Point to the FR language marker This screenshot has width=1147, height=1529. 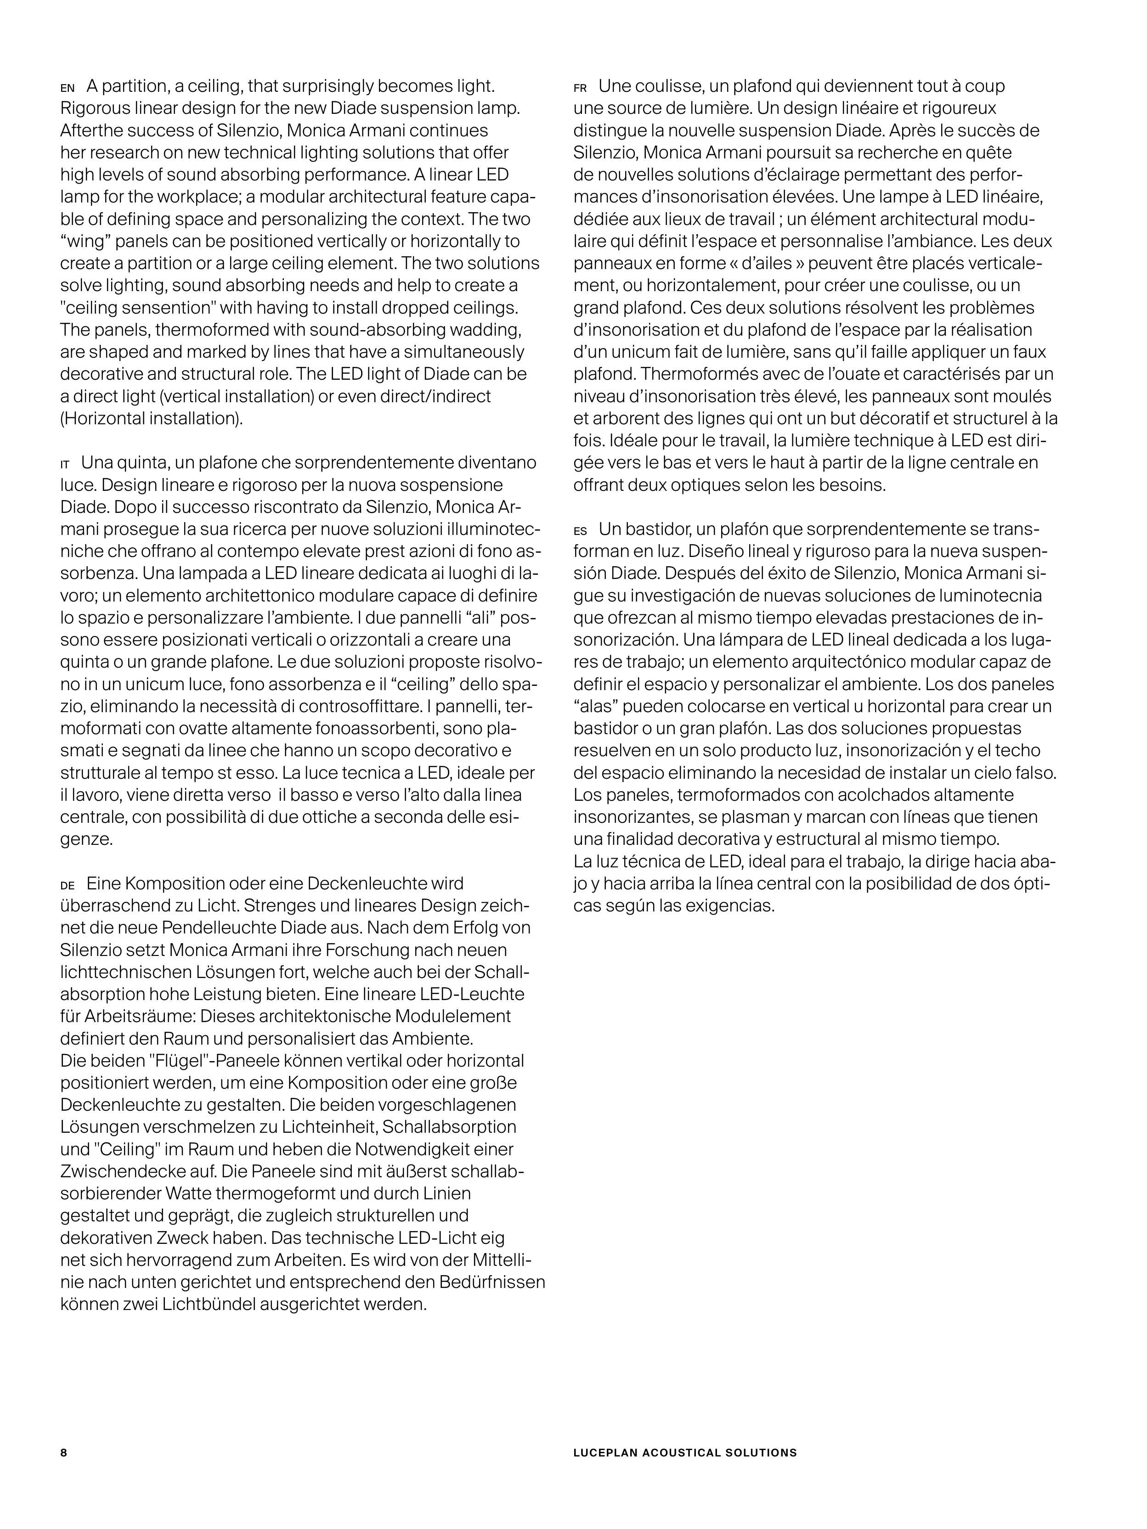tap(580, 89)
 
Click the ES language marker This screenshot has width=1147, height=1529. tap(580, 532)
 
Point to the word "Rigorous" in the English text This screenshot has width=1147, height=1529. tap(91, 108)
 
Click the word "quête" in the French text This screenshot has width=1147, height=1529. tap(992, 153)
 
